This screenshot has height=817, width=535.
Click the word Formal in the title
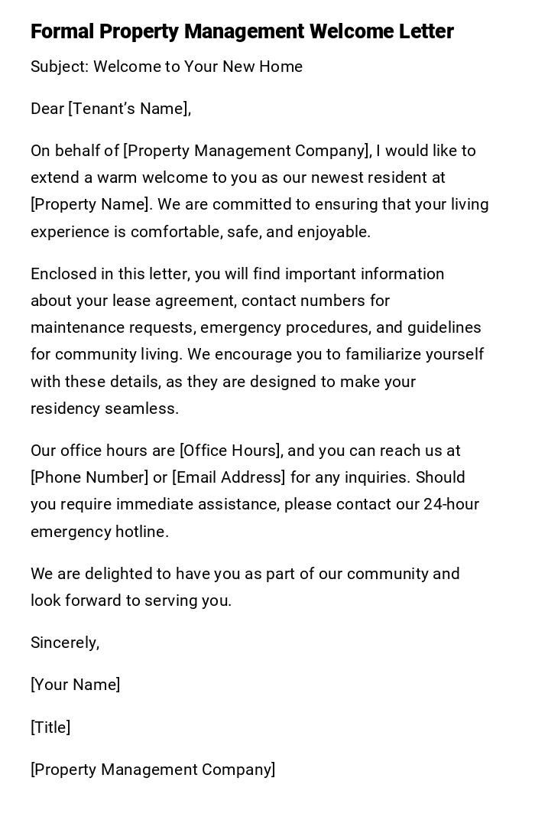(x=62, y=31)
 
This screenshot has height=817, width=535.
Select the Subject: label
(x=60, y=67)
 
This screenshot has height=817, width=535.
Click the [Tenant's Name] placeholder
(x=128, y=109)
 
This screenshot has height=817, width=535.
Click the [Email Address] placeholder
(x=229, y=477)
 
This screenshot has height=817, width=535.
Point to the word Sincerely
(x=64, y=643)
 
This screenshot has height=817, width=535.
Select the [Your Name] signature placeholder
(x=75, y=685)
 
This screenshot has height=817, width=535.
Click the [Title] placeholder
(x=50, y=727)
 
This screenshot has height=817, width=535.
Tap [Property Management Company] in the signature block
(x=153, y=770)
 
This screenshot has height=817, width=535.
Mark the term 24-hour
(x=451, y=504)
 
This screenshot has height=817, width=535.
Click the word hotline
(x=141, y=532)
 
